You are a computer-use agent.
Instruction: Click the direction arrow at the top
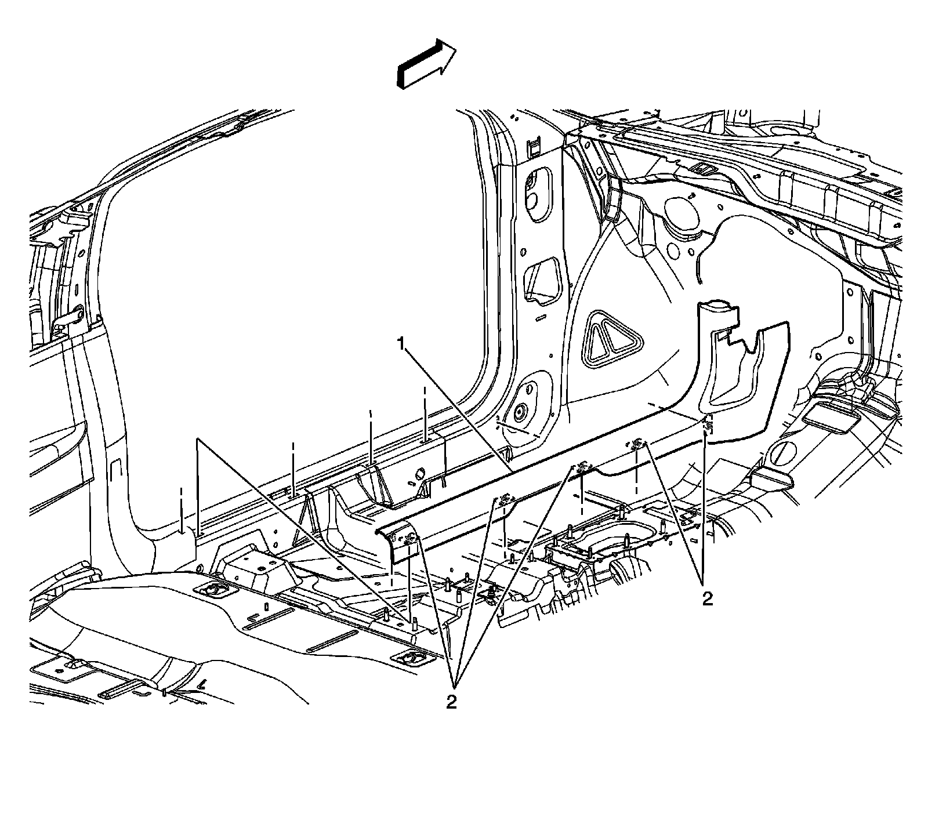pos(426,64)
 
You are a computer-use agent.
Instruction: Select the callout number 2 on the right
pos(706,599)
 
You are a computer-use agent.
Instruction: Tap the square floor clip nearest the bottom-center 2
pos(411,658)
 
